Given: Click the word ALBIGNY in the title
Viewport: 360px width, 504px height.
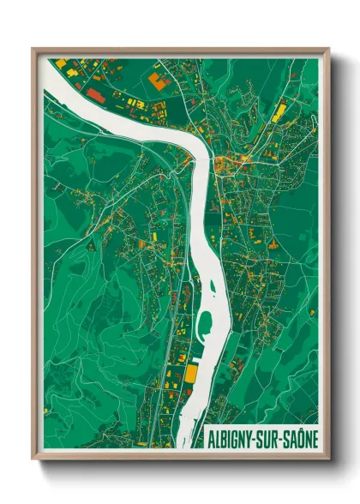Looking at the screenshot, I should pyautogui.click(x=232, y=437).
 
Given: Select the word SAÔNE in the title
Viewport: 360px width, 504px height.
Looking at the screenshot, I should pyautogui.click(x=301, y=437).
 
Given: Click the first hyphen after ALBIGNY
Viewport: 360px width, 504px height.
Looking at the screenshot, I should pyautogui.click(x=260, y=438).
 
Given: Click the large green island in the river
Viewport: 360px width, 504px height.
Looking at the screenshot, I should pyautogui.click(x=205, y=324).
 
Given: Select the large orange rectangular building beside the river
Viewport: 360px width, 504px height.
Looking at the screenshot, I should pyautogui.click(x=191, y=373).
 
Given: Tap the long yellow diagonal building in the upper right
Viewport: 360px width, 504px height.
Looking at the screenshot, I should pyautogui.click(x=279, y=111).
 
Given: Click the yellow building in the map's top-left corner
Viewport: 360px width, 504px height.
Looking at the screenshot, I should pyautogui.click(x=61, y=63).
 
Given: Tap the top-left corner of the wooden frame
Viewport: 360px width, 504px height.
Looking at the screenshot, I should pyautogui.click(x=33, y=49).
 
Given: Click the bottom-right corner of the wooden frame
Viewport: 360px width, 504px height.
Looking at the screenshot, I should pyautogui.click(x=328, y=459).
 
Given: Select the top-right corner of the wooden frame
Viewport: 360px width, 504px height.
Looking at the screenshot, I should pyautogui.click(x=328, y=49).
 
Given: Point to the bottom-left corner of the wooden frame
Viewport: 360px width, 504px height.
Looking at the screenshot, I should pyautogui.click(x=33, y=459).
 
